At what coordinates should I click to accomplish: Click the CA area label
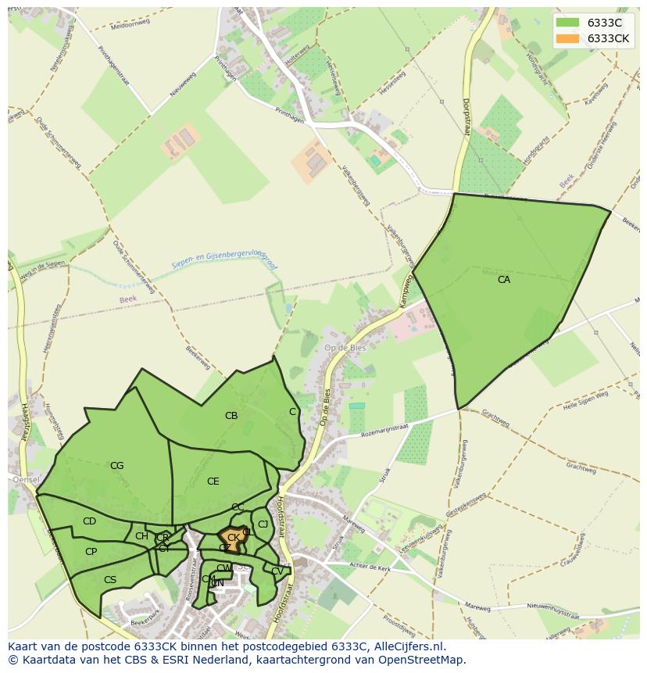504,279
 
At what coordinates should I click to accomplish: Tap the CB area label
231,416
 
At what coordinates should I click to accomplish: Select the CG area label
116,466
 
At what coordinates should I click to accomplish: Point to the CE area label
213,481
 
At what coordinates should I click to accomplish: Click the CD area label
89,521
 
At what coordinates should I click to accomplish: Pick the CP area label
91,552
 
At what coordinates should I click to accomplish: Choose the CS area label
110,580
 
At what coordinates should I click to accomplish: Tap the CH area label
141,536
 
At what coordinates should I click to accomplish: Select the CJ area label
263,524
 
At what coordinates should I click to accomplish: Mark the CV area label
277,571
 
